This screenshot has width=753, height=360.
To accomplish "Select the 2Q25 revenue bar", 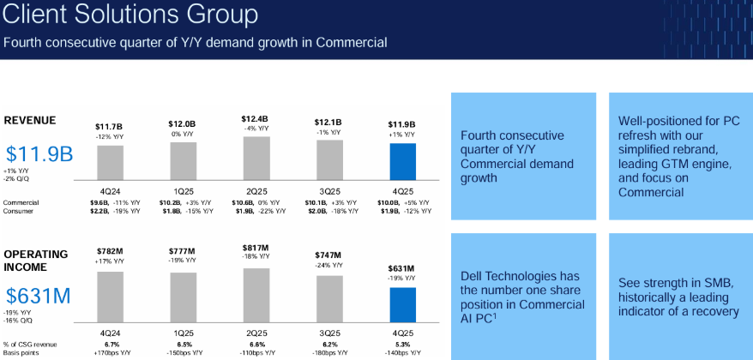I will [256, 156].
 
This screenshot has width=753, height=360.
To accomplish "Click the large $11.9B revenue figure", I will [39, 154].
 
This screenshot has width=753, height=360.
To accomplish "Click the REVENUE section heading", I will [31, 121].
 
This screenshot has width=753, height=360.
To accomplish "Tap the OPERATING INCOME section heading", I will [35, 261].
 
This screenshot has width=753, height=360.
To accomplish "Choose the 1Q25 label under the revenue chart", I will [183, 189].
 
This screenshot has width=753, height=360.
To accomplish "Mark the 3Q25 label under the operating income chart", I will [329, 330].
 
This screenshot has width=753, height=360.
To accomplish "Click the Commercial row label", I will [21, 202].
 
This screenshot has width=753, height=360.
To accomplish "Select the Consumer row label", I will [19, 211].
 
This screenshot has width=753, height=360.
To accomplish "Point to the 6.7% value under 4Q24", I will [110, 343].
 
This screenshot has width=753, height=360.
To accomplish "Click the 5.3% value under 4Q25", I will [403, 343].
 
